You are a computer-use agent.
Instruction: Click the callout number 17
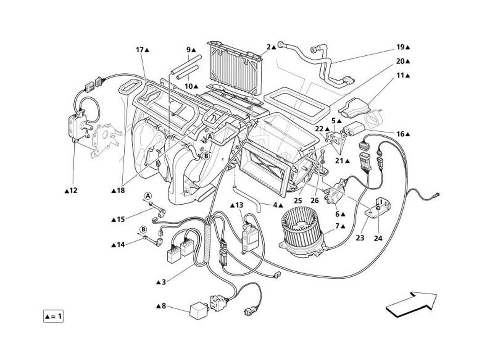click(x=139, y=50)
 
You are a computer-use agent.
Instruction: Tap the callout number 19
click(x=400, y=47)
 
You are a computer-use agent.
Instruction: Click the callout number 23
click(x=360, y=238)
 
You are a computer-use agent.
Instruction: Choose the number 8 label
click(x=164, y=306)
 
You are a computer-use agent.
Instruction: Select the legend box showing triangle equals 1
click(x=53, y=317)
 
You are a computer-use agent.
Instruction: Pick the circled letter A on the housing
click(x=210, y=136)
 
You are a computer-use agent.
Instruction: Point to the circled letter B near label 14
click(x=143, y=229)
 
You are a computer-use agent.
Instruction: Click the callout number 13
click(x=239, y=205)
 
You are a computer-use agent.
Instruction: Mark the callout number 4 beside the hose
click(x=274, y=206)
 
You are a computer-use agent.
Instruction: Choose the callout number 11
click(x=400, y=76)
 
